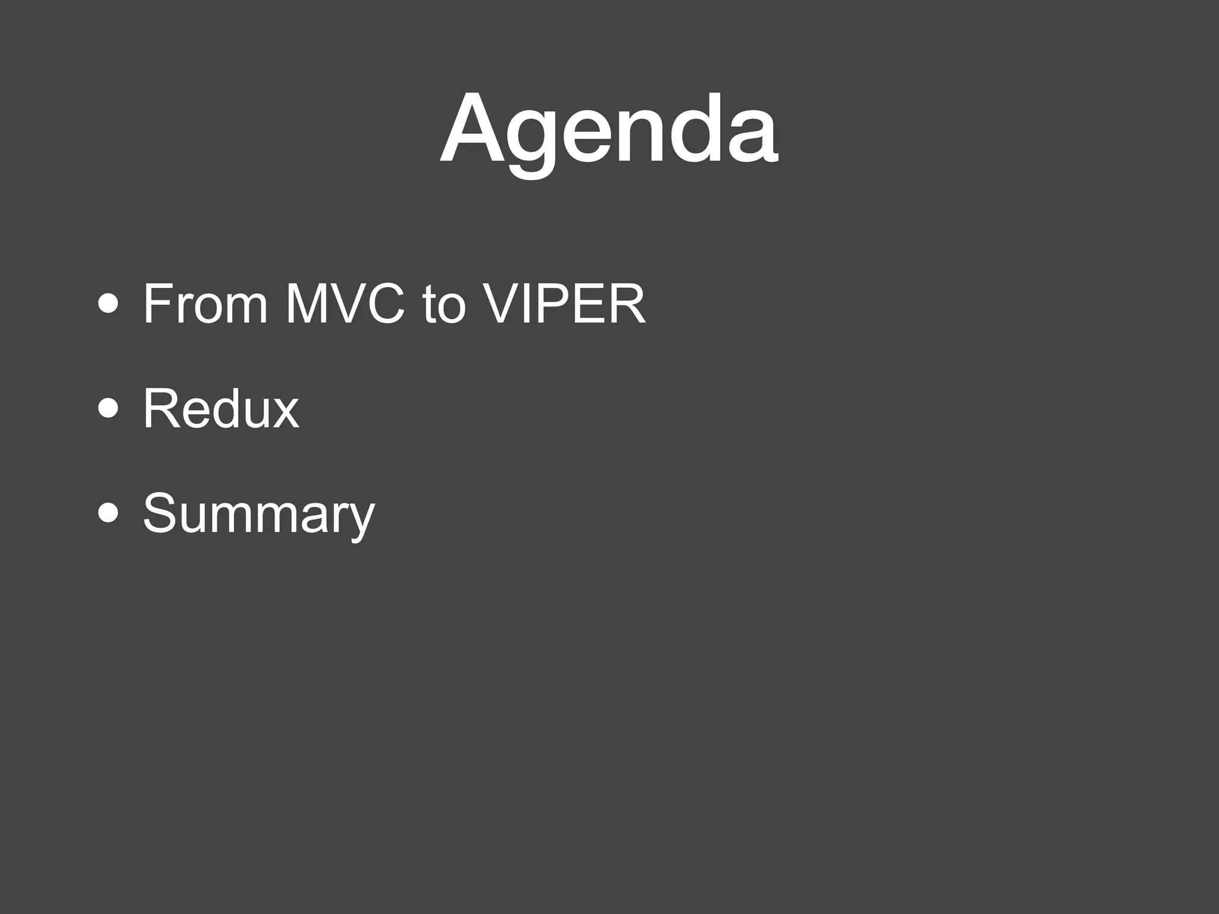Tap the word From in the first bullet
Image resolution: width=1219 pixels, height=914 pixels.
coord(205,304)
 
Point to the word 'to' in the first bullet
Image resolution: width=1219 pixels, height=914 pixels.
coord(443,305)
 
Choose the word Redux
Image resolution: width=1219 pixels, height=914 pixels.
coord(221,409)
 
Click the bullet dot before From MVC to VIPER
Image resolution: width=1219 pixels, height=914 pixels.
coord(108,305)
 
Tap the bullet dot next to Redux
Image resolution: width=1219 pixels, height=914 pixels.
coord(108,409)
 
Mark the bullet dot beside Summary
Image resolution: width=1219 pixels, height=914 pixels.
coord(108,513)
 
